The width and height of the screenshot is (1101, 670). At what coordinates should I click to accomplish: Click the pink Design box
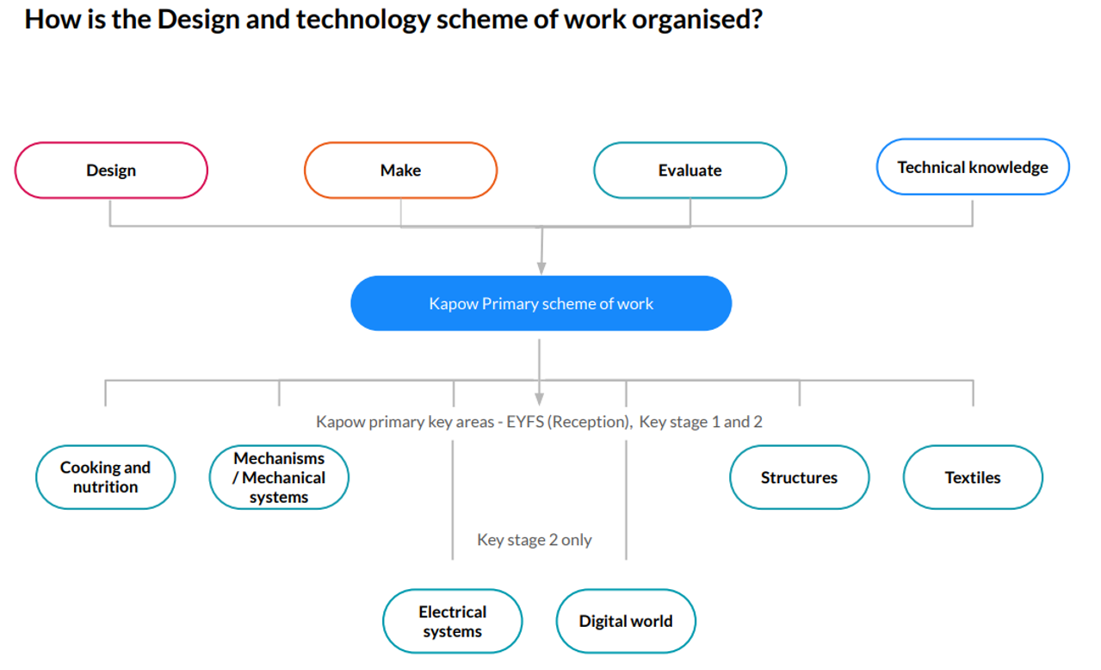click(111, 170)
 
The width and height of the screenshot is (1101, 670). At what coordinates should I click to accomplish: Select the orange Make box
click(400, 170)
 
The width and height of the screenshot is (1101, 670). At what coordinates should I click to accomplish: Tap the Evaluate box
click(690, 170)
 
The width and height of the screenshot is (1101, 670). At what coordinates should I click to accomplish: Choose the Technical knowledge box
click(973, 167)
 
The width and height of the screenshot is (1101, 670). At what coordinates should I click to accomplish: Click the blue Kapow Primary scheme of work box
click(541, 303)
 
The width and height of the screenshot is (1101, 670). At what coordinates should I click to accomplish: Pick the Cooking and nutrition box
click(106, 477)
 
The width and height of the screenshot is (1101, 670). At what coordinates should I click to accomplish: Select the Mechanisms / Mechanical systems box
click(279, 477)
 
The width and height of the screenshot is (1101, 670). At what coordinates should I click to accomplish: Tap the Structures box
click(799, 477)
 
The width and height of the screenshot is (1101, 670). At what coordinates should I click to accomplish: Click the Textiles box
click(973, 477)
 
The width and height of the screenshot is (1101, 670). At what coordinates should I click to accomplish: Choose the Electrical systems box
click(453, 621)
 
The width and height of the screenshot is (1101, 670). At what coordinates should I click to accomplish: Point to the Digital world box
click(626, 621)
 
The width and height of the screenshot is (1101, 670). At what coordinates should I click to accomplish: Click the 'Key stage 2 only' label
click(535, 540)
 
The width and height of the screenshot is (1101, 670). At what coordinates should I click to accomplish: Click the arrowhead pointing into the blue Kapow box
click(541, 269)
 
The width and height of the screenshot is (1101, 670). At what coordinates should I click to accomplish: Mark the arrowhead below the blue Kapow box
click(539, 399)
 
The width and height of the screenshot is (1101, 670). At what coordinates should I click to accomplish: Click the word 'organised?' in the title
click(697, 20)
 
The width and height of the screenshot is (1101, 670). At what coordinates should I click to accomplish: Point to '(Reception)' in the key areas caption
click(591, 422)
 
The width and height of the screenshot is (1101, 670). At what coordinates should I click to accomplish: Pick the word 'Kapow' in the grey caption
click(340, 422)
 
